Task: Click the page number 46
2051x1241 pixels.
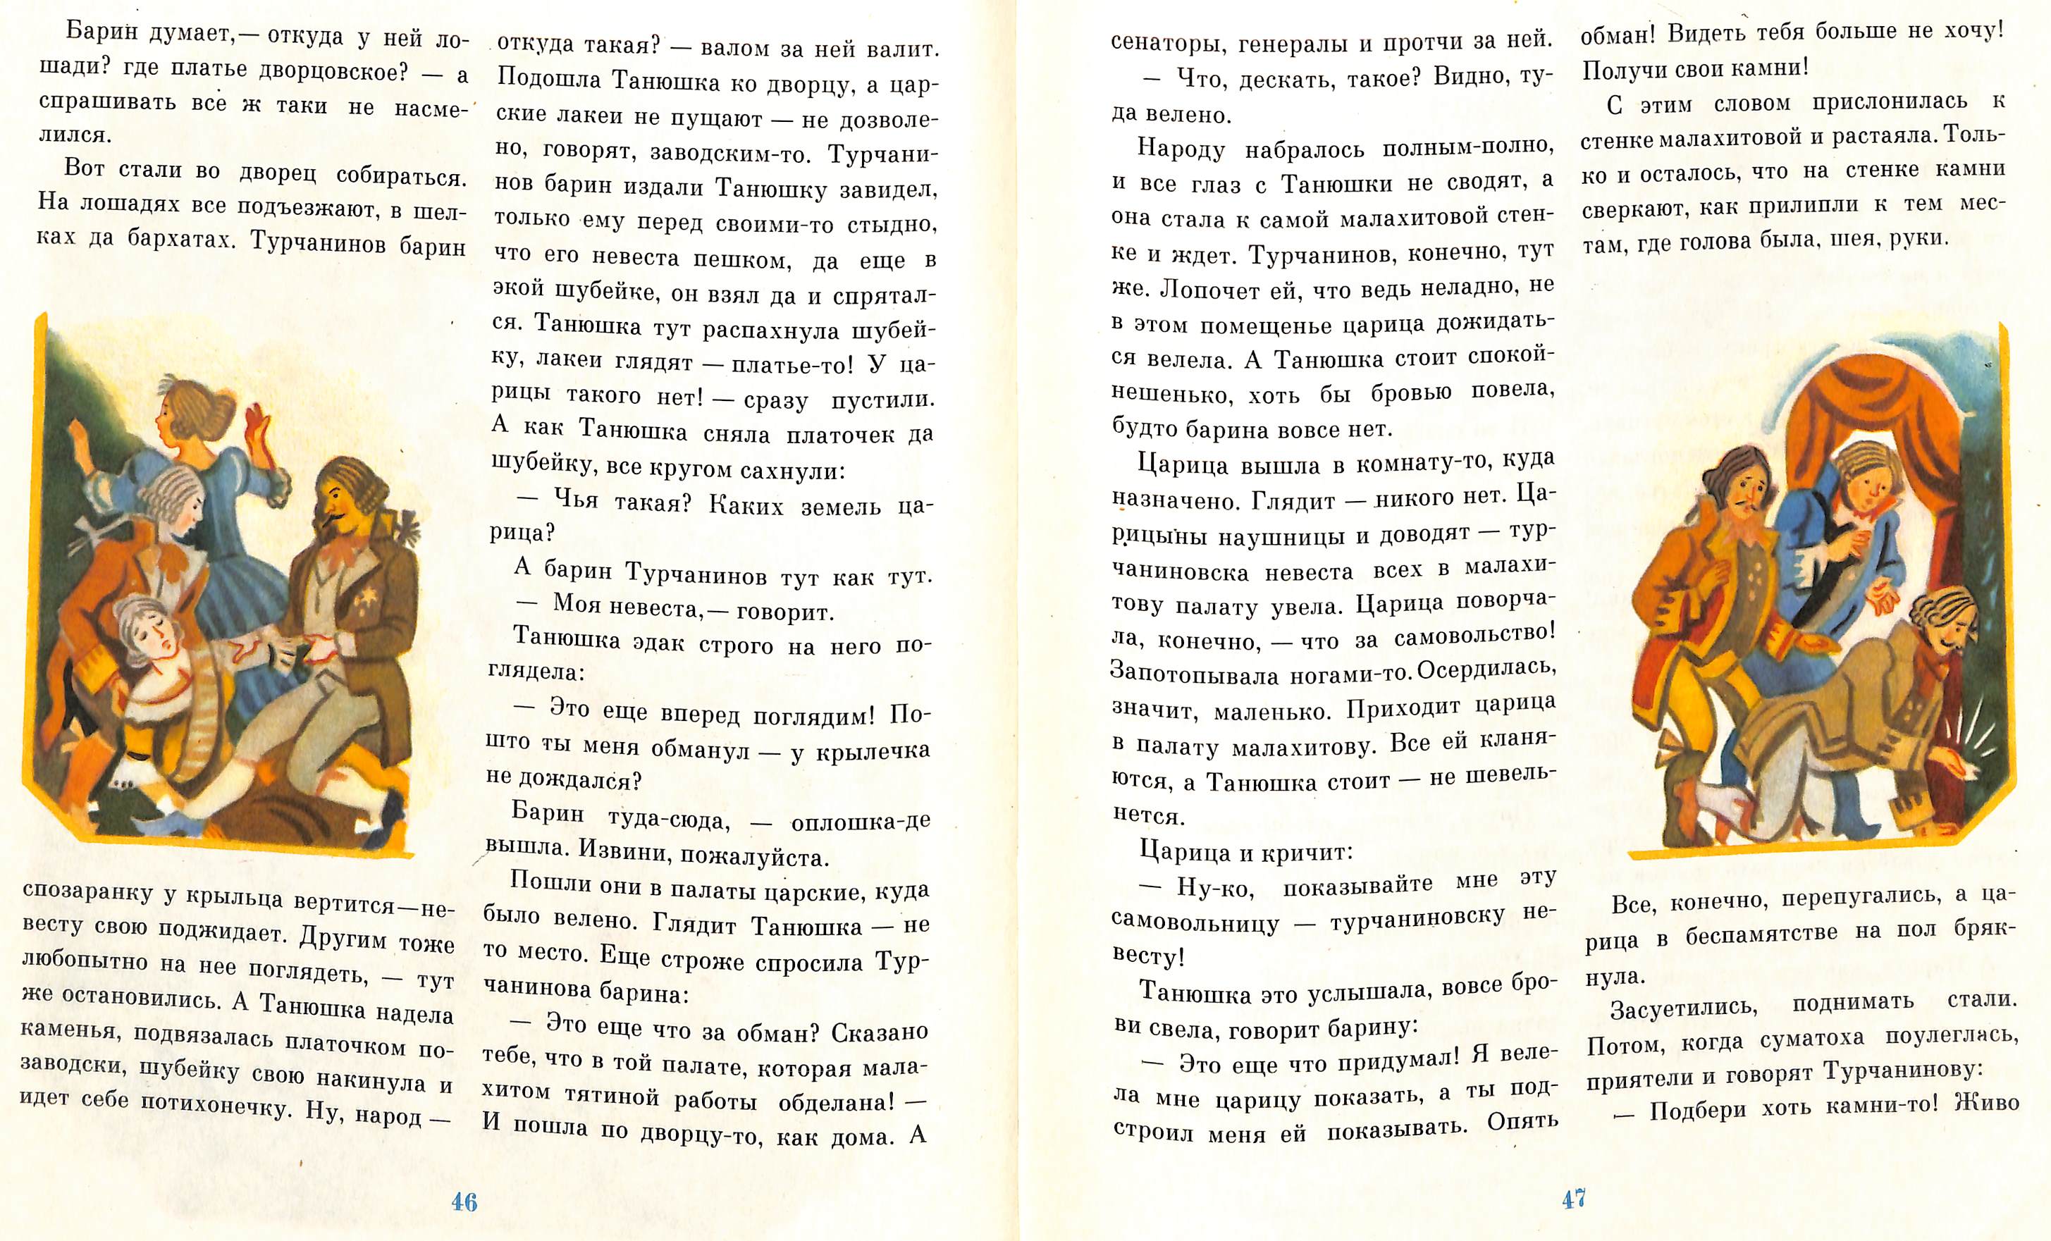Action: click(464, 1201)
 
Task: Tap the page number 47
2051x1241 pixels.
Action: click(1573, 1199)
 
